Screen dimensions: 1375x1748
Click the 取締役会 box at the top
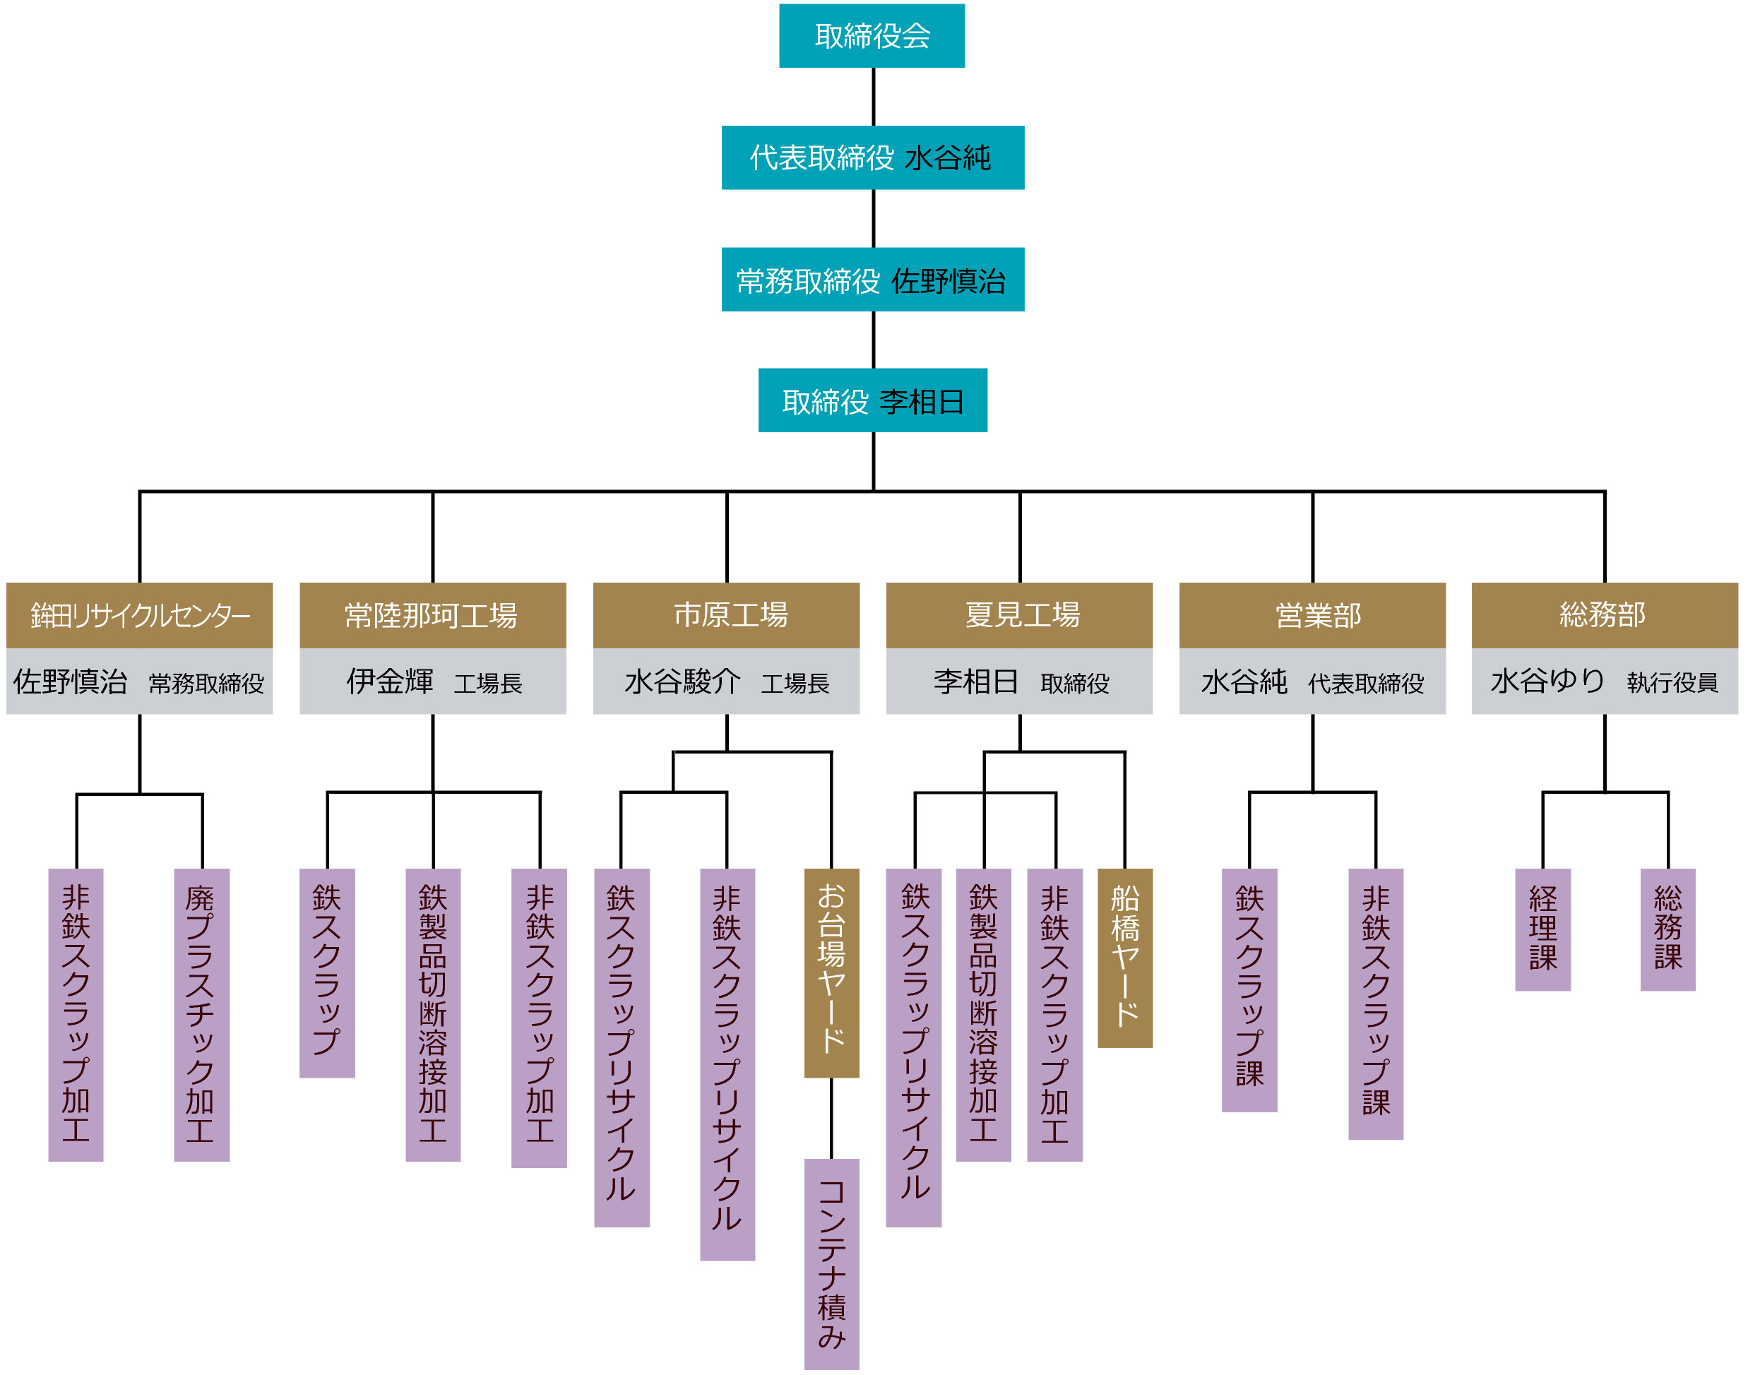[x=872, y=35]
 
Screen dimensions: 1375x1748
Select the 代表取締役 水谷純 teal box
[x=872, y=157]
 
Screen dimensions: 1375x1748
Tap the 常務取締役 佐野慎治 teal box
[x=872, y=280]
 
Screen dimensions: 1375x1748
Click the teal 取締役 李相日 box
[x=872, y=400]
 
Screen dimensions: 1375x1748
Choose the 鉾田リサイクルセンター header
[x=139, y=615]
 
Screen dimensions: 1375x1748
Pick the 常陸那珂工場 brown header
[x=432, y=615]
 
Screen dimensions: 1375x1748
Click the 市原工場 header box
[x=725, y=615]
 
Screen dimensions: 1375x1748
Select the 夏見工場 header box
[x=1018, y=615]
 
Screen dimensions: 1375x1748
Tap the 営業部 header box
[x=1312, y=615]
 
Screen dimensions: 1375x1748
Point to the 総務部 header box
[x=1604, y=615]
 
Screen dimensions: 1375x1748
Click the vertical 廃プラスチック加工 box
[x=201, y=1014]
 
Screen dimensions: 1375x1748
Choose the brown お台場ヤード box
[x=831, y=972]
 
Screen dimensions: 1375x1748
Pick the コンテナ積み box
[x=831, y=1264]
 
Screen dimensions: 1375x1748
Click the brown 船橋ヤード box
[x=1125, y=958]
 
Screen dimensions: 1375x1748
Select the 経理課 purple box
[x=1542, y=929]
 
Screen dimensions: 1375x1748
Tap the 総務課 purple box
[x=1667, y=929]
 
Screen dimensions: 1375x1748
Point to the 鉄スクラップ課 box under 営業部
[x=1249, y=990]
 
